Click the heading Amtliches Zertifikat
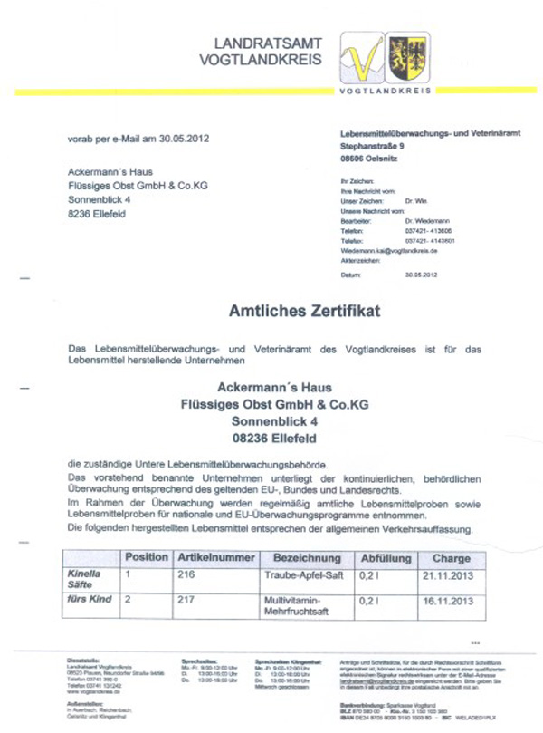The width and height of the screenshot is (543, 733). [304, 311]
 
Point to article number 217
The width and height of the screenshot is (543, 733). [186, 600]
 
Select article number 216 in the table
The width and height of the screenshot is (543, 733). [186, 574]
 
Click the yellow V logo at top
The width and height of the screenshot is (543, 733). [364, 59]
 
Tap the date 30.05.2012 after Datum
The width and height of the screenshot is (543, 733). [422, 274]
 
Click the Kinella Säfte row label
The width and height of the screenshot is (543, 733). [85, 580]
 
